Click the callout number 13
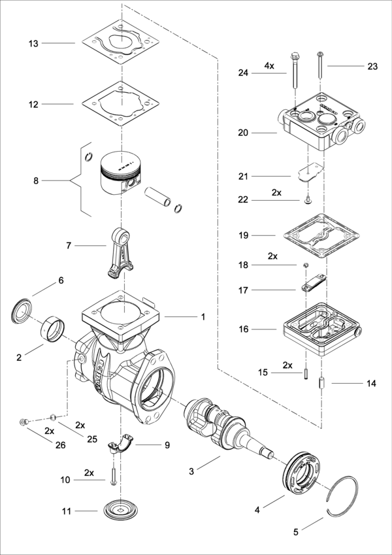click(33, 43)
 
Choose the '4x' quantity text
click(269, 66)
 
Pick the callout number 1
click(203, 317)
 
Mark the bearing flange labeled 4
click(304, 472)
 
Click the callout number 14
click(371, 384)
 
